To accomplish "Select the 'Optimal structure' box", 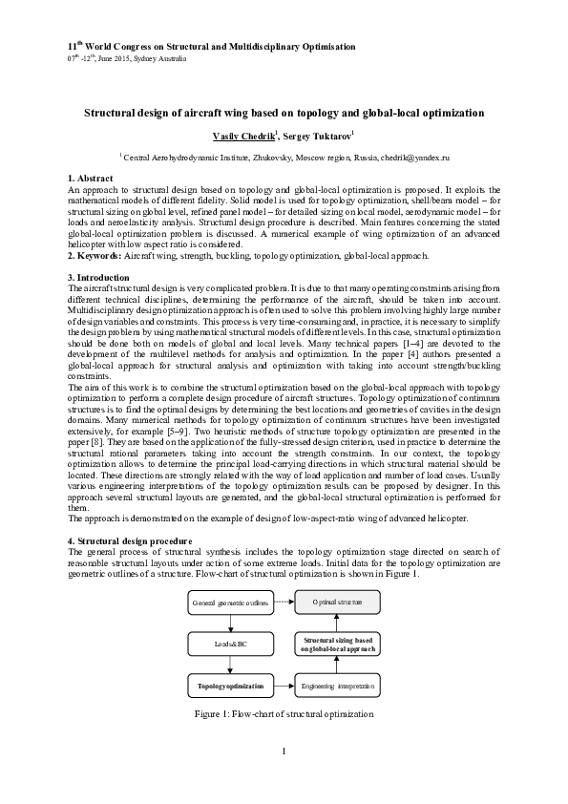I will click(x=335, y=603).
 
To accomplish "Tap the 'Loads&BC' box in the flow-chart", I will click(x=232, y=645).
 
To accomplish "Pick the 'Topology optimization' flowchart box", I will click(x=232, y=686).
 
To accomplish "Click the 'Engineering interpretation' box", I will click(x=335, y=686).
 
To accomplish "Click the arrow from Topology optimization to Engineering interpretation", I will click(x=284, y=686).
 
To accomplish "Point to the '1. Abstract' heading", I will click(x=91, y=180).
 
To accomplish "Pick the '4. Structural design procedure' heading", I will click(x=130, y=541).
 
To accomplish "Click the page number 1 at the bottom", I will click(x=284, y=776).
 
